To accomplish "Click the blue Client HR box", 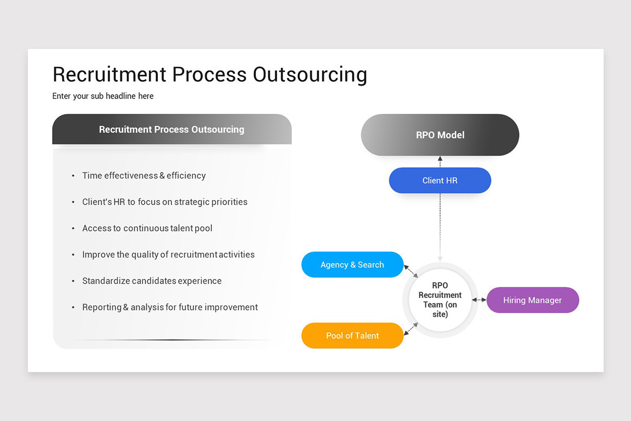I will tap(440, 181).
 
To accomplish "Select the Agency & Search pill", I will tap(352, 265).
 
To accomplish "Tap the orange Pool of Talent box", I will tap(352, 336).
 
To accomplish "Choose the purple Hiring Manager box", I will tap(532, 300).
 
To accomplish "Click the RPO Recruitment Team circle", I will tap(440, 300).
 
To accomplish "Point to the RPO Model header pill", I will tap(440, 135).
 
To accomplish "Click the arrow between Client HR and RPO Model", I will tap(440, 162).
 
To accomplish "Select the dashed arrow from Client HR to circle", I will tap(440, 226).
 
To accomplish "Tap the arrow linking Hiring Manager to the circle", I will tap(479, 300).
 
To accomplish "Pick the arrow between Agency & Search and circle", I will tap(411, 271).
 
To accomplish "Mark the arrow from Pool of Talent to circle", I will tap(411, 329).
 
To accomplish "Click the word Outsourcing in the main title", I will tap(310, 74).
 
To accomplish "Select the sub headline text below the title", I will tap(103, 96).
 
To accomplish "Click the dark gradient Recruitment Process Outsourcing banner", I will tap(172, 129).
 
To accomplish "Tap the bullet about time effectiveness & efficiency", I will tap(144, 176).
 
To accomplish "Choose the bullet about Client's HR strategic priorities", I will tap(165, 202).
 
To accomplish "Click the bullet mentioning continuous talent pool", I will tap(147, 228).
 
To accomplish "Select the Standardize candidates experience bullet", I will tap(151, 281).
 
